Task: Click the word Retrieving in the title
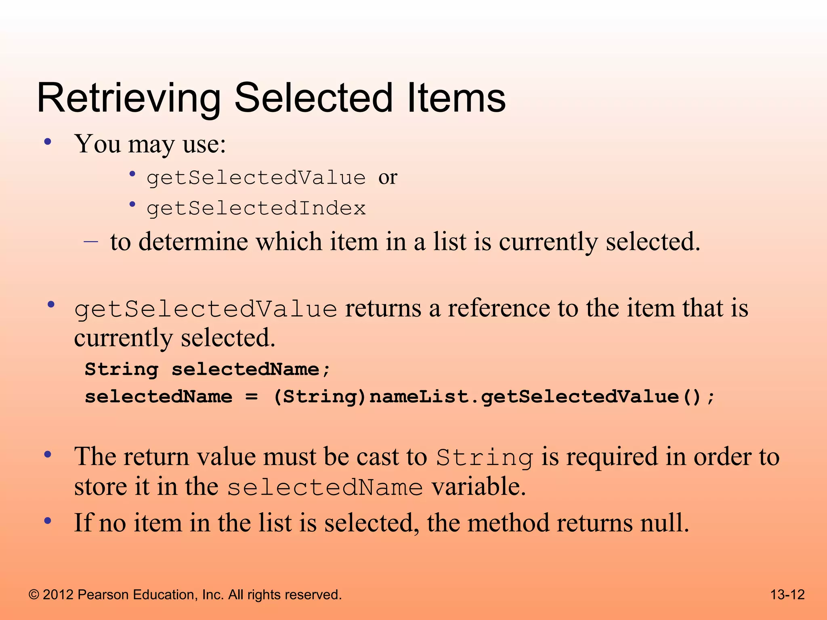tap(128, 98)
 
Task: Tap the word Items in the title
tap(456, 98)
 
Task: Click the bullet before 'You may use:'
tap(48, 142)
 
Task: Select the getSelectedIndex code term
tap(256, 209)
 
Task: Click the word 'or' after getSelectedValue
tap(388, 178)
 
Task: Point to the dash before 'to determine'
tap(91, 242)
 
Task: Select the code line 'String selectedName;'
tap(208, 369)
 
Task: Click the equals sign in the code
tap(252, 397)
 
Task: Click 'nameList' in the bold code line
tap(418, 397)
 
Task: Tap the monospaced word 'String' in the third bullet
tap(485, 458)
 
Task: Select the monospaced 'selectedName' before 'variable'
tap(325, 487)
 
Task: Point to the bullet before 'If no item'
tap(48, 521)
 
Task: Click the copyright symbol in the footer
tap(34, 595)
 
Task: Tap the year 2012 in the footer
tap(58, 595)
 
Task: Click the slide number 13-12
tap(787, 595)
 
